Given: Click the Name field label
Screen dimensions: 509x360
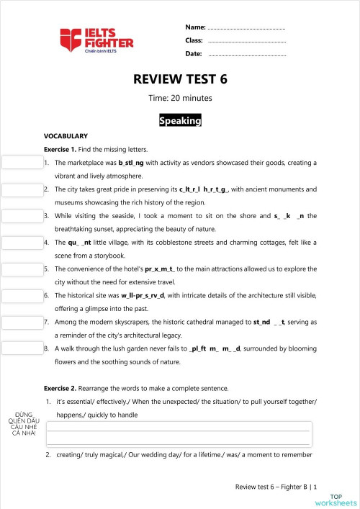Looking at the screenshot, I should (195, 27).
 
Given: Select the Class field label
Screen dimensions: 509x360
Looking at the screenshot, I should (194, 40).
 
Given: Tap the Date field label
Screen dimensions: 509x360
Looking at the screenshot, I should (193, 54).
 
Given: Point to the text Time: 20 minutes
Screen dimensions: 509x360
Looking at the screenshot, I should (180, 98).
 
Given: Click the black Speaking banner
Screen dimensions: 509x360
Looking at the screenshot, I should (180, 121).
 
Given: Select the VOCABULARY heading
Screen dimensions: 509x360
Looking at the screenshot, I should (66, 136).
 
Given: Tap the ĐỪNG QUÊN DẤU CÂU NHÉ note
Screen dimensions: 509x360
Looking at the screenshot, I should (24, 424).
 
